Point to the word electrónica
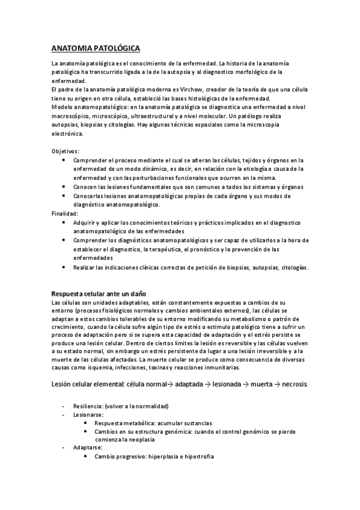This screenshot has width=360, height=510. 67,134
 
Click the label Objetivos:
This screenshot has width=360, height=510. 66,151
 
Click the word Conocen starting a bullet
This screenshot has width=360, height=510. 85,187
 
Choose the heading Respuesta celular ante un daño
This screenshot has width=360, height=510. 99,293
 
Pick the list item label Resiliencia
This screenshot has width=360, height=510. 88,405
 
